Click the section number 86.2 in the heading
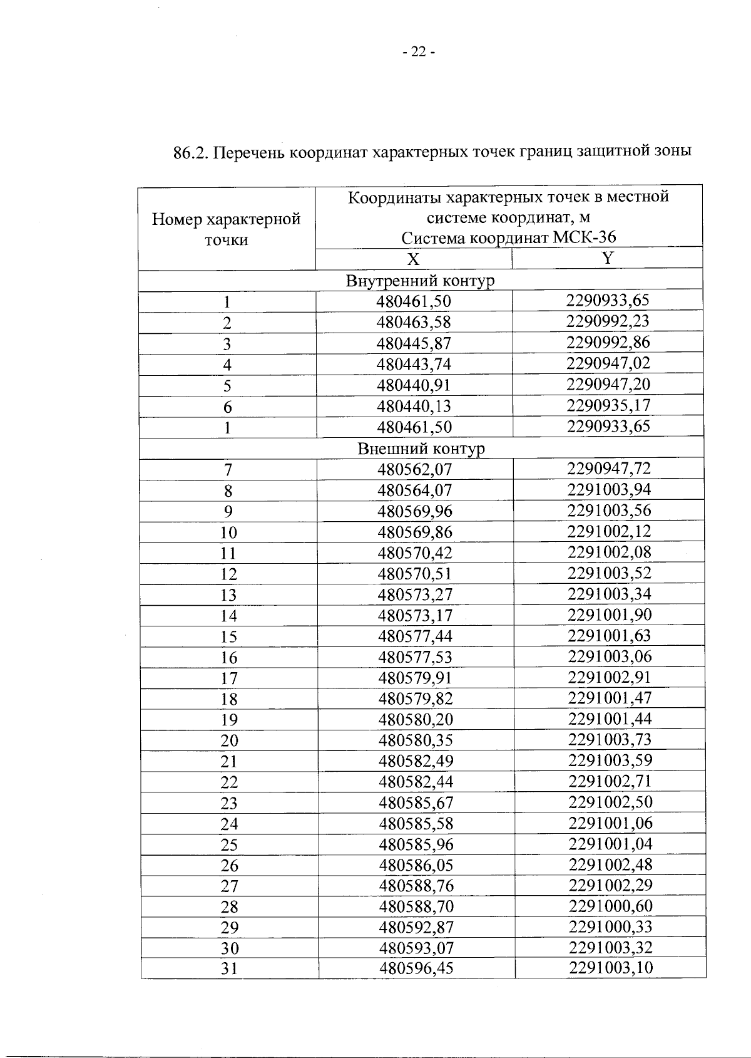190,152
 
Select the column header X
414,259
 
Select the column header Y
607,258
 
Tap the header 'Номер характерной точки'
227,229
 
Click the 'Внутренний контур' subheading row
420,281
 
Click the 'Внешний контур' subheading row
421,449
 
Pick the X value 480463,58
414,323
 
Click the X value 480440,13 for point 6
414,407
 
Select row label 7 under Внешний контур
228,470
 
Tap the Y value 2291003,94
609,489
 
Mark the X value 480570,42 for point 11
415,553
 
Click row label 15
229,637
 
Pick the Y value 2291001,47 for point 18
610,698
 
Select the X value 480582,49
416,761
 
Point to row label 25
229,845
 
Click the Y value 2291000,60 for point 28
610,906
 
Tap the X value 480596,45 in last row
416,968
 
